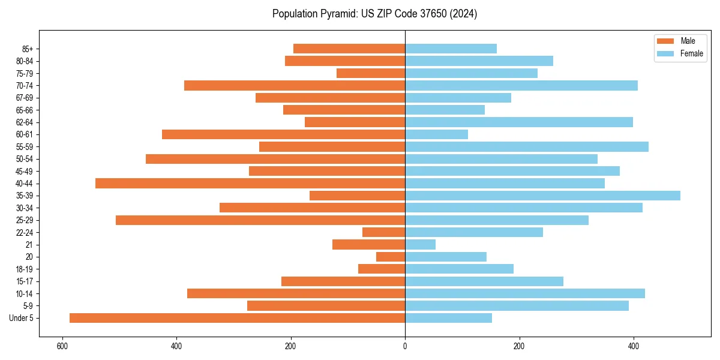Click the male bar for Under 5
click(x=237, y=318)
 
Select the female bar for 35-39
click(x=542, y=196)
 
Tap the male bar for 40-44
click(x=250, y=184)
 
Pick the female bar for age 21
click(x=420, y=245)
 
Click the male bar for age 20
click(x=391, y=257)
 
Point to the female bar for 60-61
click(x=436, y=134)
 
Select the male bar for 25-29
click(x=260, y=220)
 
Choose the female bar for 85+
click(x=451, y=49)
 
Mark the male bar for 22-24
click(x=383, y=232)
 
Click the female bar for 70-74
click(x=521, y=86)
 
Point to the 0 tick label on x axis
click(x=405, y=346)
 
